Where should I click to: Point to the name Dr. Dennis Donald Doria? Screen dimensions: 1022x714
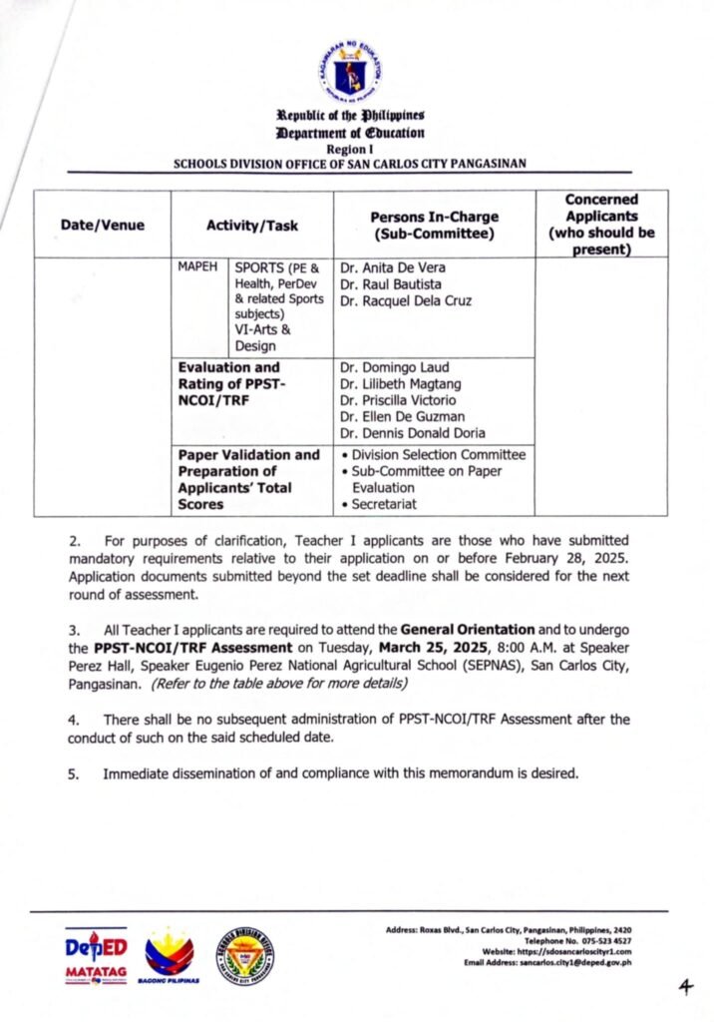(x=412, y=432)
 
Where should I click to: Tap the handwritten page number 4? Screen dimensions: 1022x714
(x=684, y=987)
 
